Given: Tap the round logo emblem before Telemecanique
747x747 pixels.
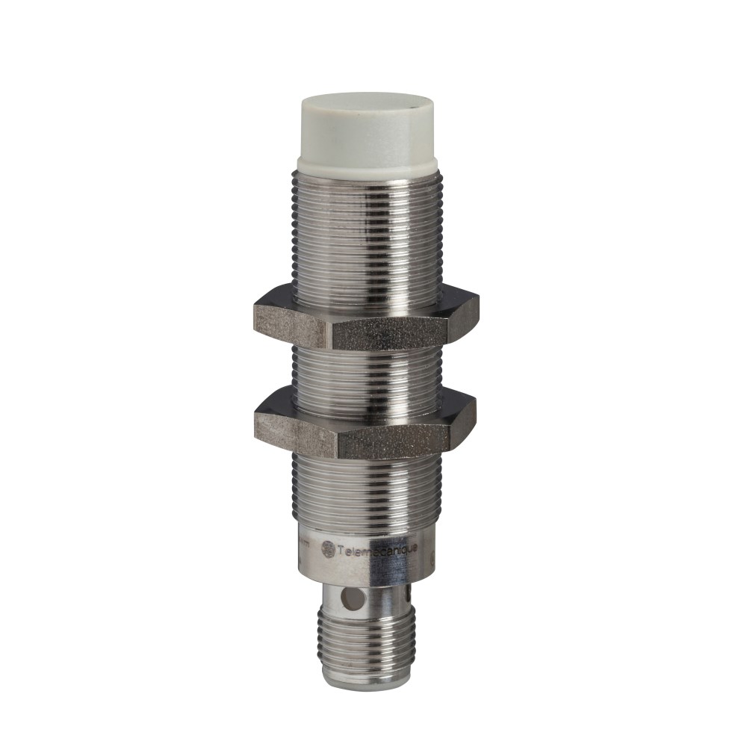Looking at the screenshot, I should pyautogui.click(x=327, y=549).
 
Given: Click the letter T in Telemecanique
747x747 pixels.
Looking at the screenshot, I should pyautogui.click(x=341, y=551).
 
